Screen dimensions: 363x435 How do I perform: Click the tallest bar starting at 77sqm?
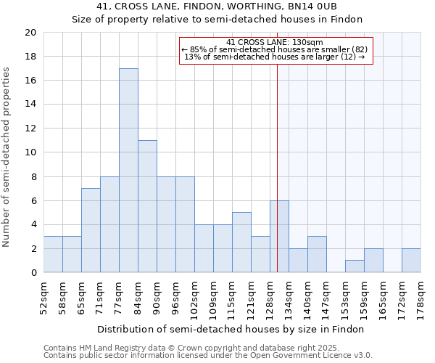(x=128, y=171)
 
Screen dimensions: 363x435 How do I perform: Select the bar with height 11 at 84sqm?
(x=147, y=206)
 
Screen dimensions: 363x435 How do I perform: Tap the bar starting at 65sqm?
(x=91, y=230)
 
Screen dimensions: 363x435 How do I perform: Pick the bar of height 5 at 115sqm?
(x=241, y=242)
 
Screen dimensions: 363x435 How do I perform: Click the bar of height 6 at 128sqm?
(x=279, y=237)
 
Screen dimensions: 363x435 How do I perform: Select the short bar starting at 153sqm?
(x=355, y=266)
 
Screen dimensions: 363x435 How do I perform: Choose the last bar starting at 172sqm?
(x=411, y=261)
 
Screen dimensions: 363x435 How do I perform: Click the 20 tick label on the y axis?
(x=30, y=33)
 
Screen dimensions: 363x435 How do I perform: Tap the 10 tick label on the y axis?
(x=30, y=152)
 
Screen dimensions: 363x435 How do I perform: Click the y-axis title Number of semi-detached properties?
(x=7, y=157)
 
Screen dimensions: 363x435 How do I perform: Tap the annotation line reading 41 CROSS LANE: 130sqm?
(x=275, y=42)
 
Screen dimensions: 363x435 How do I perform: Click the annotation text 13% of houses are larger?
(x=275, y=57)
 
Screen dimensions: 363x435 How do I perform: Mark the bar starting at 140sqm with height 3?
(x=317, y=254)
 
